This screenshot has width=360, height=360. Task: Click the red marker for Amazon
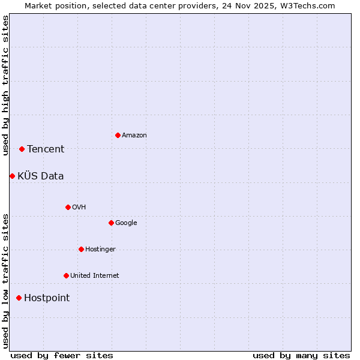(x=118, y=135)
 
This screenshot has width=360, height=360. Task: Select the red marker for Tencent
(x=22, y=149)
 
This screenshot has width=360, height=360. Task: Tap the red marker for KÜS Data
(x=12, y=176)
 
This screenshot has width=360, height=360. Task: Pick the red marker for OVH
(x=68, y=207)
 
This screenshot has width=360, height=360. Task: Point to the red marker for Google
(x=111, y=223)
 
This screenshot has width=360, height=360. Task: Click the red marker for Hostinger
(x=81, y=249)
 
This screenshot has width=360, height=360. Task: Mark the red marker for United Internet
(x=66, y=275)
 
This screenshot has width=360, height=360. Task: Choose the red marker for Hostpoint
(x=19, y=298)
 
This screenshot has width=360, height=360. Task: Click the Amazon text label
(x=134, y=136)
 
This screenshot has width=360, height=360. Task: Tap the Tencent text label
(x=46, y=149)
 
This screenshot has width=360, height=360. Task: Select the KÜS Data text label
(x=41, y=176)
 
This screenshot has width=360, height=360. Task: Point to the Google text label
(x=126, y=223)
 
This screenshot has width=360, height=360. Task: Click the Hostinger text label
(x=100, y=250)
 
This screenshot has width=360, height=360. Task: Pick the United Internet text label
(x=94, y=276)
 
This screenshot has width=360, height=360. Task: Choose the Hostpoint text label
(x=47, y=298)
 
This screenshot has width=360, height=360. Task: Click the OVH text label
(x=79, y=208)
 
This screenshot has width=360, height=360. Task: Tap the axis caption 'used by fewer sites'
(x=62, y=355)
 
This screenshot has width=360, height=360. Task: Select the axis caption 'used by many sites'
(x=301, y=355)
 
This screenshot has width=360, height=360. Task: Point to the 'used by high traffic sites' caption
(x=5, y=85)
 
